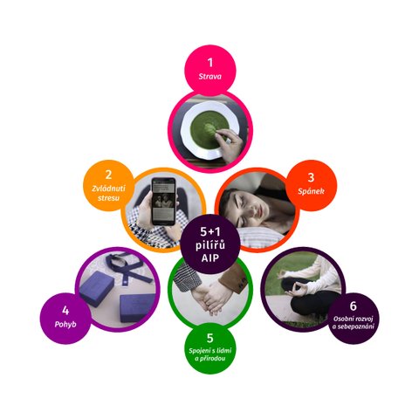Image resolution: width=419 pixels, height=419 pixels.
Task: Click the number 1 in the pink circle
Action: (x=209, y=63)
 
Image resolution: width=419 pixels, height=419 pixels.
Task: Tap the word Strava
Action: (x=209, y=77)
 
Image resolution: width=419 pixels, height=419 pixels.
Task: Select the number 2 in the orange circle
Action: (x=108, y=175)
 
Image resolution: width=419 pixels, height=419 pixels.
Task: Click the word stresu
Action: (x=108, y=198)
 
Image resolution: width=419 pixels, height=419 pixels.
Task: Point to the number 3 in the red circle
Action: (x=311, y=177)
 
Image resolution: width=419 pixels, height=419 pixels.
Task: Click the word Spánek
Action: (x=311, y=191)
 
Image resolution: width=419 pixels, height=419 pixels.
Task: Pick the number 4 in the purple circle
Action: (x=65, y=311)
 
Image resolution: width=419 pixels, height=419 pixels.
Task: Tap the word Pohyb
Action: (x=65, y=324)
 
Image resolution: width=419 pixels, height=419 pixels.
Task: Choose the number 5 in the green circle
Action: (x=210, y=338)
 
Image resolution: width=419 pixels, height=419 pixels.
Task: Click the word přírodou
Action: (x=213, y=359)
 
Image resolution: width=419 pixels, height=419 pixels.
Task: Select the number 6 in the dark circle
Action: (x=353, y=306)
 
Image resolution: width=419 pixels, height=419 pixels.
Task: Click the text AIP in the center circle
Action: (x=210, y=258)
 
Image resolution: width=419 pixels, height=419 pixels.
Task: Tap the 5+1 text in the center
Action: (x=210, y=231)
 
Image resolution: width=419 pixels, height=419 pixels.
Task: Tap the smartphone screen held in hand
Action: (x=163, y=202)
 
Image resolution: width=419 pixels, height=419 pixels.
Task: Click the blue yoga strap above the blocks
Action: (x=128, y=267)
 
